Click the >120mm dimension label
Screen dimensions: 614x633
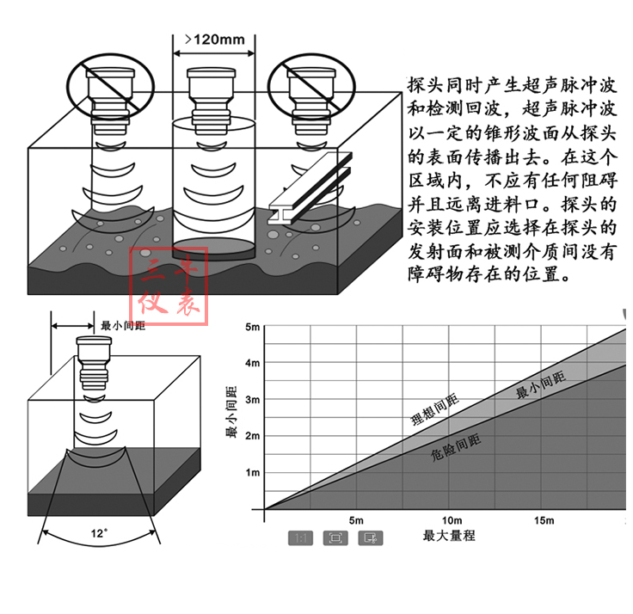[x=215, y=39]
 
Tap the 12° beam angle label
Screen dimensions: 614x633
[x=99, y=533]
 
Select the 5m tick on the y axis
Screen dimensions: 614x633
[x=253, y=327]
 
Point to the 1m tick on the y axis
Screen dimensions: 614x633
[x=253, y=473]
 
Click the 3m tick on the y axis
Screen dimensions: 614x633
[x=253, y=400]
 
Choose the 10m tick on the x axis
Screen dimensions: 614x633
[x=451, y=521]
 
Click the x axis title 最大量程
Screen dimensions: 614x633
[x=449, y=536]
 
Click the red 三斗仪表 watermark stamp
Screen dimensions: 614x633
[x=169, y=287]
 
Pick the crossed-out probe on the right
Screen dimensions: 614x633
[x=309, y=87]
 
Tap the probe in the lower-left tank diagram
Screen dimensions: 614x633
[x=93, y=365]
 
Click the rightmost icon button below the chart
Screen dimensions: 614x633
[x=371, y=538]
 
